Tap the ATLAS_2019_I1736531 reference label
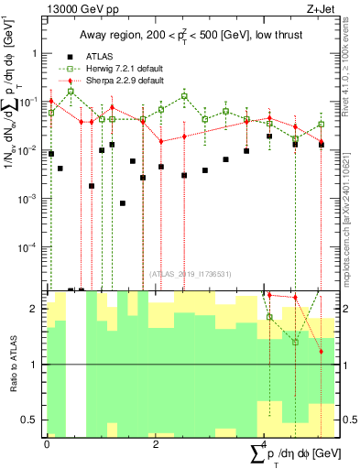(x=191, y=273)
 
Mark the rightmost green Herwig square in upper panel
(x=321, y=124)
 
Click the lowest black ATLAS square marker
(x=123, y=203)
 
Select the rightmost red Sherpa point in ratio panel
(x=321, y=351)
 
